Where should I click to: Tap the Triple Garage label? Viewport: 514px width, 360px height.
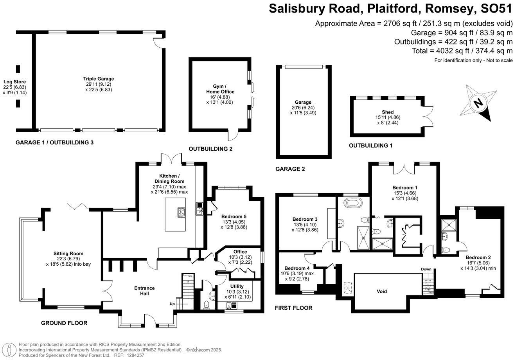point(99,79)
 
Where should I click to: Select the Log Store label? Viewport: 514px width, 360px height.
point(15,82)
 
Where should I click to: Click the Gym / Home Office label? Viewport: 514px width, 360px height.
point(220,89)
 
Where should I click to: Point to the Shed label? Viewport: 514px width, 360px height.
point(388,112)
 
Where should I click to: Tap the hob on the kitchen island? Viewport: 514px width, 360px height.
point(181,212)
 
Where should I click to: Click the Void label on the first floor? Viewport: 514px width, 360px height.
point(382,292)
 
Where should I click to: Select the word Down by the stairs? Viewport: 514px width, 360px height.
point(426,269)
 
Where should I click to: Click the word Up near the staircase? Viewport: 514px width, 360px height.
point(172,304)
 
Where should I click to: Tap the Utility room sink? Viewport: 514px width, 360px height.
point(231,306)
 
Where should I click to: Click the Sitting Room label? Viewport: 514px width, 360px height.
point(68,254)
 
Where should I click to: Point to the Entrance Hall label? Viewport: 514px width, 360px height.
point(145,291)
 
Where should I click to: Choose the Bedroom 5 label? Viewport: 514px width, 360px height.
point(234,216)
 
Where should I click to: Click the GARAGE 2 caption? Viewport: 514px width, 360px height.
point(290,169)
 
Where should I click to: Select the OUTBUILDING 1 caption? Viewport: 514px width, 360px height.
point(370,146)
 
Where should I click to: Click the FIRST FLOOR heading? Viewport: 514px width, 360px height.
point(294,308)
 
